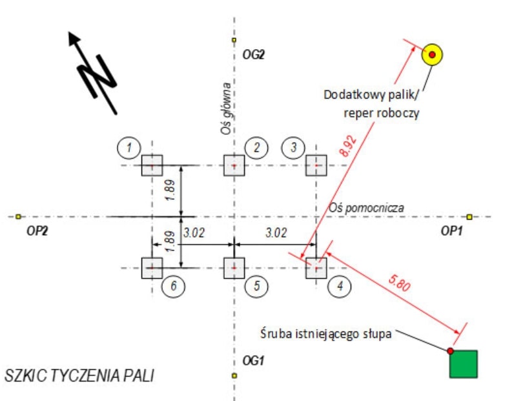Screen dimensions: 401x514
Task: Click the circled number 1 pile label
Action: (130, 148)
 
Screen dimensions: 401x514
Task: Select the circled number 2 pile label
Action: (256, 148)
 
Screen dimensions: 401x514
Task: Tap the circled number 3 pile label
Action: (294, 148)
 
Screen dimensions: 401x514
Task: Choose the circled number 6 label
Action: (173, 286)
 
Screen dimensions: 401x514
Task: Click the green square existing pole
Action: (464, 364)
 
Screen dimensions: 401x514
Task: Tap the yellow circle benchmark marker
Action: (432, 54)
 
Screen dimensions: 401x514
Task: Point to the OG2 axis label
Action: (253, 56)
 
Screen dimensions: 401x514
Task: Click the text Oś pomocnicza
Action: (366, 208)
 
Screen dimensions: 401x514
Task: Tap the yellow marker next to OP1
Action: (469, 216)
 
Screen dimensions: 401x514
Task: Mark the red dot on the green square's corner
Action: (450, 351)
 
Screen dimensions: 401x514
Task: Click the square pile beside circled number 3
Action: (316, 165)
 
